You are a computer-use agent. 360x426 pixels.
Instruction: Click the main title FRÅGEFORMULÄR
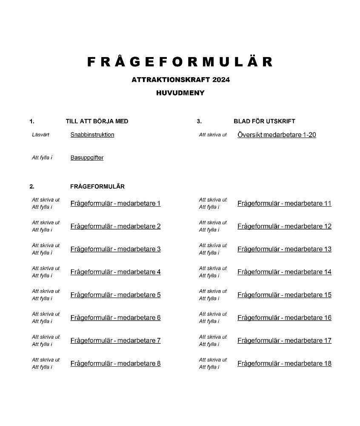(x=180, y=62)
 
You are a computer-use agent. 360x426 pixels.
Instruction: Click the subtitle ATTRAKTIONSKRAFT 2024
(x=180, y=80)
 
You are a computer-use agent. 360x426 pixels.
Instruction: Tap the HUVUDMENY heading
(x=180, y=93)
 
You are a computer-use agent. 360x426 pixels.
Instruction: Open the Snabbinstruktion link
(x=92, y=135)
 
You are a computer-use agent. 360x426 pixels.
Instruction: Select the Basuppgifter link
(x=87, y=158)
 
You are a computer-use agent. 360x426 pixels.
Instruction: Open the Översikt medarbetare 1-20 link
(x=277, y=135)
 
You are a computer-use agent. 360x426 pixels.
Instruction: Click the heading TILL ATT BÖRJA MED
(x=97, y=121)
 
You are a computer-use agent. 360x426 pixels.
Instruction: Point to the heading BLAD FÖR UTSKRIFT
(x=264, y=121)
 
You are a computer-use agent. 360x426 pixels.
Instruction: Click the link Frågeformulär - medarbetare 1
(x=115, y=203)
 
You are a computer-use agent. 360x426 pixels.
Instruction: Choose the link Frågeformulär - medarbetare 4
(x=115, y=272)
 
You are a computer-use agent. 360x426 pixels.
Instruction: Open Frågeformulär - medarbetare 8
(x=115, y=363)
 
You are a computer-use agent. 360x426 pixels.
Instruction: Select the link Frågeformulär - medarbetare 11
(x=284, y=203)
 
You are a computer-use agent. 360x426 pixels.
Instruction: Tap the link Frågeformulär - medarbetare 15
(x=284, y=295)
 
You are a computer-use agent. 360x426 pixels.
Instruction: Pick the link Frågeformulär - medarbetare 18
(x=284, y=363)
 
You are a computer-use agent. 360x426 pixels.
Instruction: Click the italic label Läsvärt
(x=40, y=135)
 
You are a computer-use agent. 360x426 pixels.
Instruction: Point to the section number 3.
(x=199, y=121)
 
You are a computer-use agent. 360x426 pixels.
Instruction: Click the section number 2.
(x=32, y=187)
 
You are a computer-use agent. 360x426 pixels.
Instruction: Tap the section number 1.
(x=32, y=121)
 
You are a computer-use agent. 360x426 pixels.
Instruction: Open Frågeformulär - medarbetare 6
(x=115, y=318)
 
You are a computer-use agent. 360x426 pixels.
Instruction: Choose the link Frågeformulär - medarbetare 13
(x=284, y=249)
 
